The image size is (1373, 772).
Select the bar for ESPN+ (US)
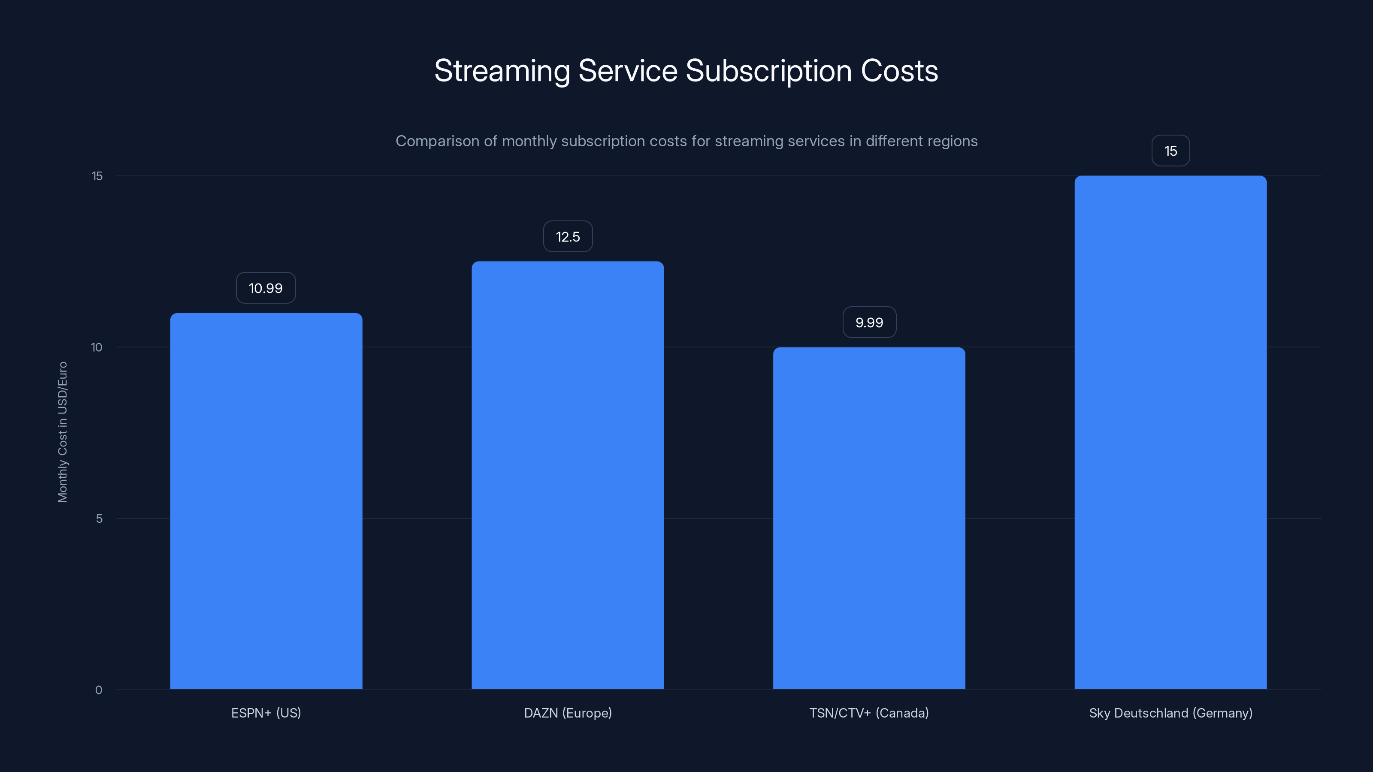[266, 501]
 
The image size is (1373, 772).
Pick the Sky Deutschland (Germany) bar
[1170, 432]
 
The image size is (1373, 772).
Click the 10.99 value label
[266, 288]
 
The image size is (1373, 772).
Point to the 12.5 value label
[568, 237]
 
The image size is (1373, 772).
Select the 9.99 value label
[869, 323]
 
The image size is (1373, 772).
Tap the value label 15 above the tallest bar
[1170, 151]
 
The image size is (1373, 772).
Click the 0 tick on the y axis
[99, 690]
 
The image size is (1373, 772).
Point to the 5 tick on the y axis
[99, 519]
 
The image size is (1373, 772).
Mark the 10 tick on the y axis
[97, 347]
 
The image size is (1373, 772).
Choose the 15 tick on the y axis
[97, 176]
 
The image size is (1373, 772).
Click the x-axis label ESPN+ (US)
[266, 713]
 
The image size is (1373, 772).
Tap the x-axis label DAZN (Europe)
[568, 713]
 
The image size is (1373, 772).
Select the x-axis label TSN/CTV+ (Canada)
[869, 713]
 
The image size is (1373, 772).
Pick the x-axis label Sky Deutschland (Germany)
[1170, 713]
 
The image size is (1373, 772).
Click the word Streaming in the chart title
[502, 71]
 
